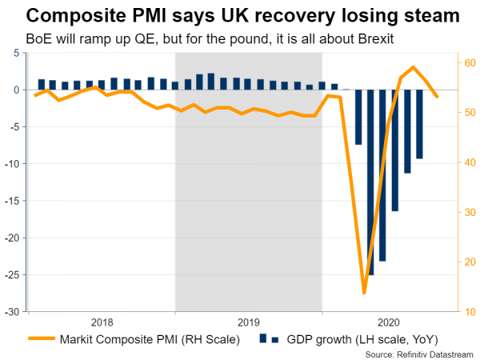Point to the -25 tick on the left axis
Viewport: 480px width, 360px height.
(x=14, y=274)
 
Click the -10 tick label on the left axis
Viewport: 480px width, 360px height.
(x=14, y=163)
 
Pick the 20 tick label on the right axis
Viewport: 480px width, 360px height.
(x=470, y=262)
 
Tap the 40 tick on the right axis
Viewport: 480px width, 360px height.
(x=470, y=162)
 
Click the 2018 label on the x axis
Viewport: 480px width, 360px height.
(x=102, y=322)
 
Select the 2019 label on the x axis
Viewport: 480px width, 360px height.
(x=249, y=322)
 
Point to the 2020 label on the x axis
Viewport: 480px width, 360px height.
(x=389, y=322)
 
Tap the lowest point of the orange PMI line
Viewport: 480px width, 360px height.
(x=364, y=293)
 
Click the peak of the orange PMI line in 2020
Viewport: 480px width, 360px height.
(x=413, y=67)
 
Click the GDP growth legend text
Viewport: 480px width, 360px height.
(x=368, y=339)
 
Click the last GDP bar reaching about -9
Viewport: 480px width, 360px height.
(x=419, y=124)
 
